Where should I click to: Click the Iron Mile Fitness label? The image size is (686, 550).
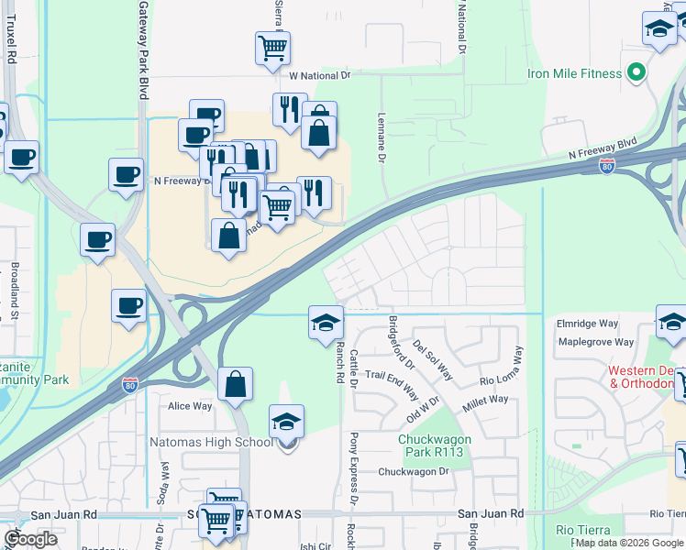coord(575,73)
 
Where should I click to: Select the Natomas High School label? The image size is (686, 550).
coord(211,443)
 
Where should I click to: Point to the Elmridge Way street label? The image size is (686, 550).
coord(588,324)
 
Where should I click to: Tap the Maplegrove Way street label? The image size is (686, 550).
coord(595,342)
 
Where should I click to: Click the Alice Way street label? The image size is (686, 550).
coord(190,406)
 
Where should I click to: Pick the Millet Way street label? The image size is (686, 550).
coord(486,400)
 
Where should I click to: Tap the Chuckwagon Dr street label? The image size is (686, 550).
coord(415,472)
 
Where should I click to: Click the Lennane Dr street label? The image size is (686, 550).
coord(381,138)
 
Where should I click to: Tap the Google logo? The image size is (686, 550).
coord(30,539)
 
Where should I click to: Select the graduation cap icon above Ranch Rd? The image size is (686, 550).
coord(326,323)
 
